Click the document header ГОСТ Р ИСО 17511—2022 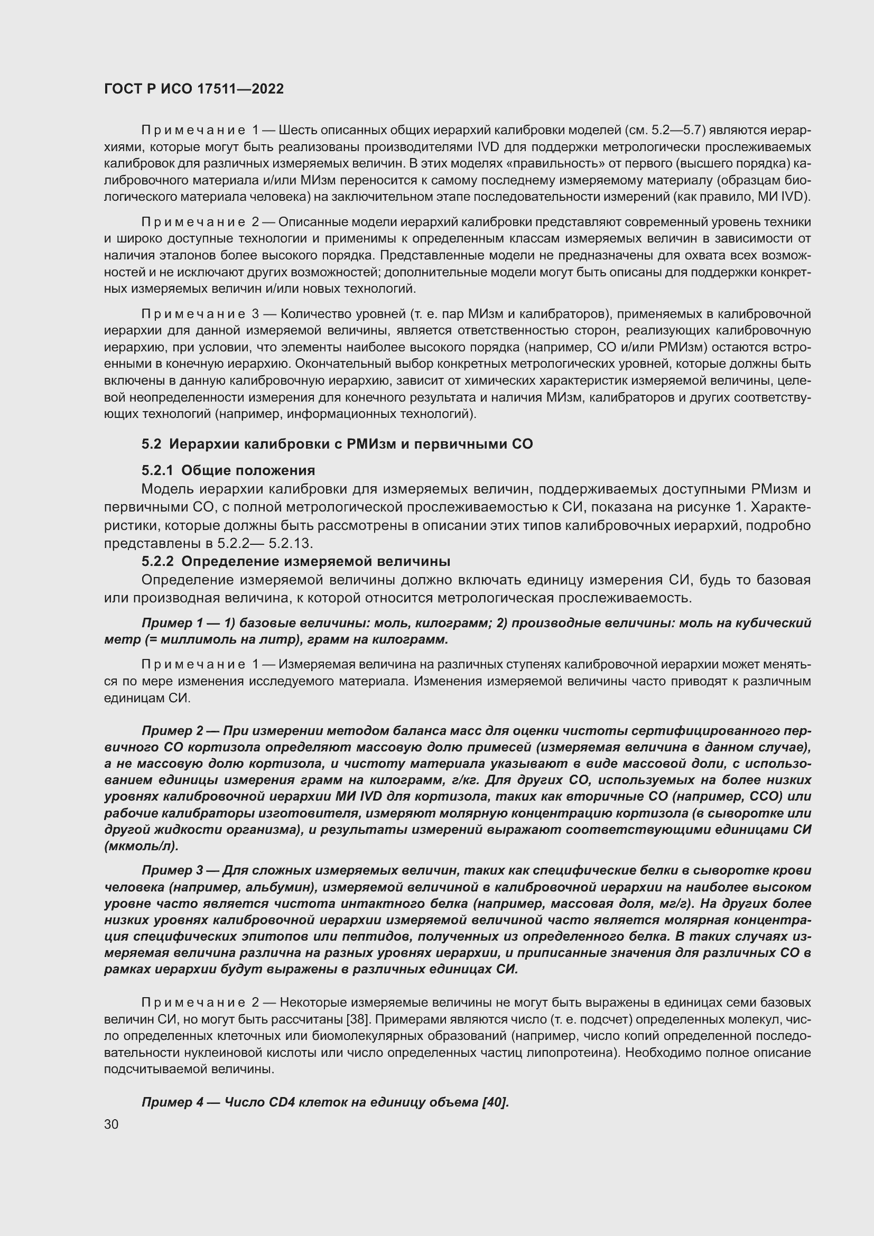coord(194,89)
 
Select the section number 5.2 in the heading coord(151,444)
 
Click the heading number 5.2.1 coord(157,470)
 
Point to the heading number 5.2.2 coord(157,562)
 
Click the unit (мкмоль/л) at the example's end coord(141,846)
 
